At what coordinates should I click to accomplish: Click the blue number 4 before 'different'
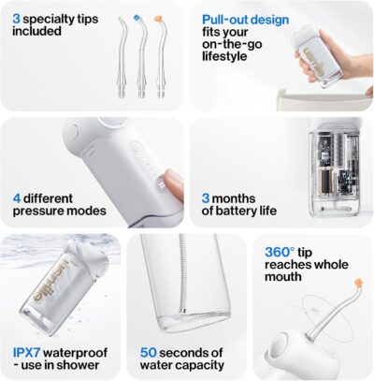click(17, 198)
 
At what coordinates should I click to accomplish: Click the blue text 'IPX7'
click(28, 352)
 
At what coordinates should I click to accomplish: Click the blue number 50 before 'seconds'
click(148, 352)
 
